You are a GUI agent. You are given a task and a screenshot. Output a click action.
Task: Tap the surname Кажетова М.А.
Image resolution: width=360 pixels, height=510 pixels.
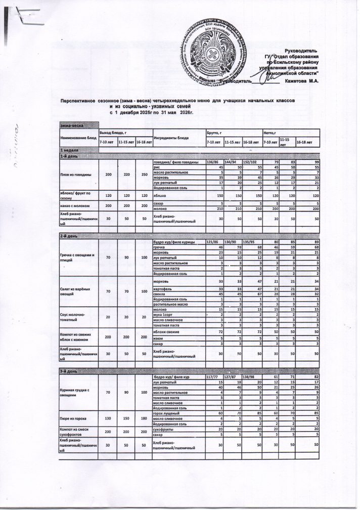click(301, 81)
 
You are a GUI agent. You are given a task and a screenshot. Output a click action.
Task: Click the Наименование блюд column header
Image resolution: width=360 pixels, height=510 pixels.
click(78, 137)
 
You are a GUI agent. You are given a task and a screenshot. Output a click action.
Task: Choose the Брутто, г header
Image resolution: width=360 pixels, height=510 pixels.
click(216, 132)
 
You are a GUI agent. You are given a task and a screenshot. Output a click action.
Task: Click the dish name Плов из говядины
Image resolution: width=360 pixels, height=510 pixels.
click(77, 175)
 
